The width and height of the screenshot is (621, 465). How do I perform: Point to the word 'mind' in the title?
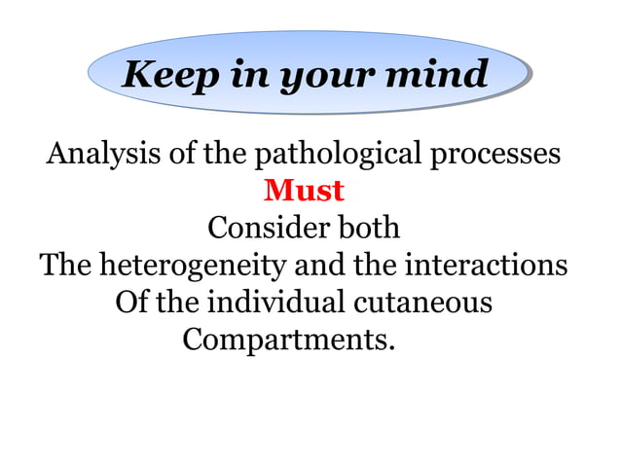point(437,75)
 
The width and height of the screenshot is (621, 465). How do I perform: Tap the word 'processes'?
point(495,155)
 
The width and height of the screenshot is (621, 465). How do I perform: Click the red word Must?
point(304,191)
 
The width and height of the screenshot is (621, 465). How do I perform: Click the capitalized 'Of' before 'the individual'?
point(132,303)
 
